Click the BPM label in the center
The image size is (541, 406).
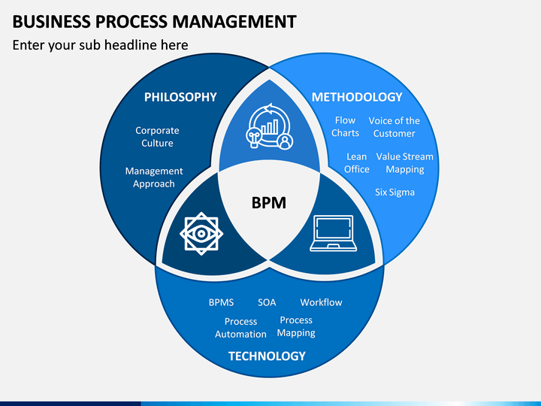(x=269, y=203)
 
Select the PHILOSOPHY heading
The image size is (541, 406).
(x=180, y=97)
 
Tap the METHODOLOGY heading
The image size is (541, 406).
(x=357, y=97)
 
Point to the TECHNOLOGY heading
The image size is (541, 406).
(x=267, y=356)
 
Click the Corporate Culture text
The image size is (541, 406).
(x=157, y=137)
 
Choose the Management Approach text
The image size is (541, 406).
(x=154, y=177)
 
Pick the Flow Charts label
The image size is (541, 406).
(x=345, y=127)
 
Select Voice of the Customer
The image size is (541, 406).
(x=394, y=127)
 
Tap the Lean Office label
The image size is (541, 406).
(x=357, y=163)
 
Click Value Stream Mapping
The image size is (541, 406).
(x=405, y=163)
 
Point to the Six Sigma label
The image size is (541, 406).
(x=394, y=192)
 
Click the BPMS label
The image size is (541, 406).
(x=221, y=302)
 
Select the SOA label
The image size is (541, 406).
(x=267, y=302)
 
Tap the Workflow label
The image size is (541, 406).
(x=322, y=302)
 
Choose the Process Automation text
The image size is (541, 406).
(x=240, y=328)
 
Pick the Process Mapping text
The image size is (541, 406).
(x=296, y=326)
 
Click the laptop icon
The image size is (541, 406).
(x=334, y=233)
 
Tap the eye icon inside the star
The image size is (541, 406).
(x=201, y=234)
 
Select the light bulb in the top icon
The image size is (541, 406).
(x=254, y=138)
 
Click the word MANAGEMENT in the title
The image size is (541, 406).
(x=234, y=21)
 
